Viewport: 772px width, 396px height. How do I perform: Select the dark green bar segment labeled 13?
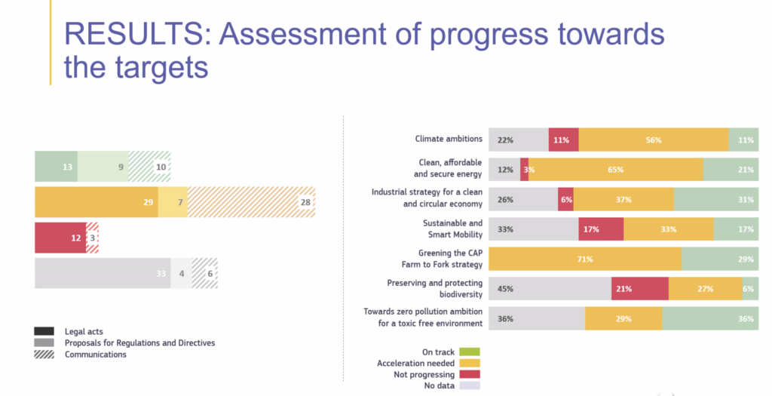[56, 167]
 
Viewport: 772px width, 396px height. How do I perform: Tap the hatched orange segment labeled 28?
[251, 202]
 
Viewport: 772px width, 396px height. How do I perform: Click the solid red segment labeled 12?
[60, 238]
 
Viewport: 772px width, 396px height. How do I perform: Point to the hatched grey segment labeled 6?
[204, 273]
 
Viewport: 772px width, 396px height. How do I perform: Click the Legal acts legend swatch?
[44, 332]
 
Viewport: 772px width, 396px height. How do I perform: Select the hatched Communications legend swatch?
[44, 355]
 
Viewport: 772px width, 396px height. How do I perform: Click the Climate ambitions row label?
[449, 139]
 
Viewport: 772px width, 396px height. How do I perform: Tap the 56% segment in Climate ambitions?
[653, 140]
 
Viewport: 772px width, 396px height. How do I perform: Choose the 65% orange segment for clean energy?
[615, 170]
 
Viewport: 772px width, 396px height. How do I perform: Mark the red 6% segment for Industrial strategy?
[565, 199]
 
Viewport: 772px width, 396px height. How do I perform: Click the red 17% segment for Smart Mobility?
[601, 229]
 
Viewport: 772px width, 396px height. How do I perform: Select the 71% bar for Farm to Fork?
[585, 259]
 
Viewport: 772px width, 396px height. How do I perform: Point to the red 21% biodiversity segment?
[639, 288]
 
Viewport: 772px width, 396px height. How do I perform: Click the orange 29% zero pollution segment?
[623, 318]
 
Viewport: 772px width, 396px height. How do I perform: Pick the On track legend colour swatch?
[469, 352]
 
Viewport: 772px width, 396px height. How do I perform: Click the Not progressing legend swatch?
[469, 374]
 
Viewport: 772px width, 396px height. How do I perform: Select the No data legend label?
[435, 385]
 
